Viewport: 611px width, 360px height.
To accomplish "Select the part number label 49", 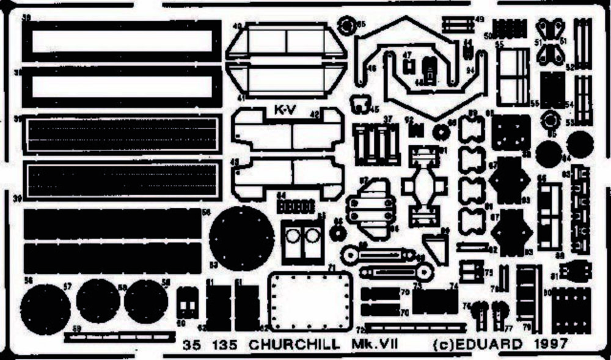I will (480, 20).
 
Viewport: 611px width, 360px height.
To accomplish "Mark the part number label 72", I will (360, 330).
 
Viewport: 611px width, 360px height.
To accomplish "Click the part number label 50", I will (488, 36).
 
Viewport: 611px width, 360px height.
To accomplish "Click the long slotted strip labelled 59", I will (120, 336).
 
